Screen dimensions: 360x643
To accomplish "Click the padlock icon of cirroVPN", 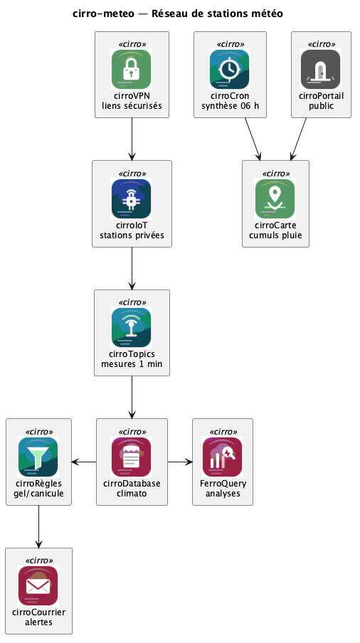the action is click(131, 69).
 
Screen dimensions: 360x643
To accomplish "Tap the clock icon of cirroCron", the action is click(230, 69).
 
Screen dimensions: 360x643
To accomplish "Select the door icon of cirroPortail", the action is click(321, 69).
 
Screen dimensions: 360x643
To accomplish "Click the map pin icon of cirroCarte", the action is click(275, 198).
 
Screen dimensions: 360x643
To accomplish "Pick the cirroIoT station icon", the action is click(131, 198).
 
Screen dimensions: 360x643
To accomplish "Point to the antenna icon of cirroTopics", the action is click(131, 328).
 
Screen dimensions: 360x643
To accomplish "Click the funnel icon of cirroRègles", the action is click(38, 457).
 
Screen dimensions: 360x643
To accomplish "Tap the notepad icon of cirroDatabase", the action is click(131, 457).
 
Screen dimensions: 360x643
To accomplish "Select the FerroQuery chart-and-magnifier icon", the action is click(223, 457).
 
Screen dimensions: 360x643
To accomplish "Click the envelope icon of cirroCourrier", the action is click(38, 586).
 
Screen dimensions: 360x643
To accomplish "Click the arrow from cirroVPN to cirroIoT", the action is click(132, 139).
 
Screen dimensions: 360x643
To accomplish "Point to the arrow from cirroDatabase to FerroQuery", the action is click(180, 462).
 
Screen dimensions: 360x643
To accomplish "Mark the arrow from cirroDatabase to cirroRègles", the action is click(84, 462).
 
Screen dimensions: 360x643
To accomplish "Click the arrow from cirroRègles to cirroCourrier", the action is click(38, 526).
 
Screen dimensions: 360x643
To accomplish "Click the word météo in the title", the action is click(267, 14).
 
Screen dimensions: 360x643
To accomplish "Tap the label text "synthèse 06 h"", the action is click(230, 106).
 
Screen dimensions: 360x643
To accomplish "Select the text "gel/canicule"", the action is click(38, 494).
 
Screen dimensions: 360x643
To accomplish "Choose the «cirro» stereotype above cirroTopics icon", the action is click(132, 302).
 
